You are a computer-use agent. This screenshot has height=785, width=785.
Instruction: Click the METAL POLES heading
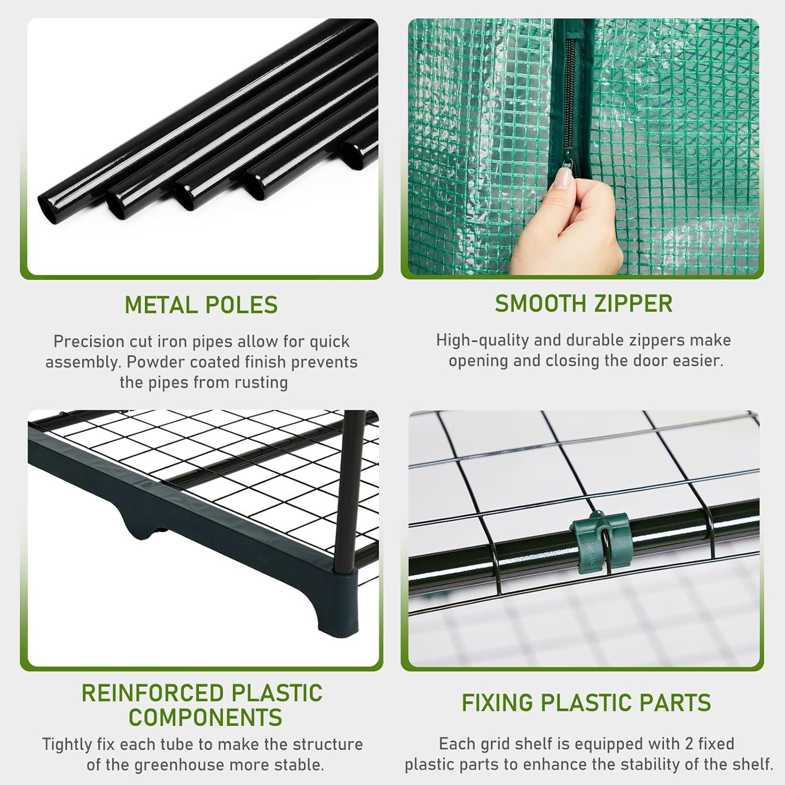click(x=201, y=305)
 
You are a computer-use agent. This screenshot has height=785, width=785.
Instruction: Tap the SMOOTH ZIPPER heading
click(x=584, y=304)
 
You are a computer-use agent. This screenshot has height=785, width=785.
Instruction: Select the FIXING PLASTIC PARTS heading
click(x=586, y=703)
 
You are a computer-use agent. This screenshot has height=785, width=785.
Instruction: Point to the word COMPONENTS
click(x=205, y=717)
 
